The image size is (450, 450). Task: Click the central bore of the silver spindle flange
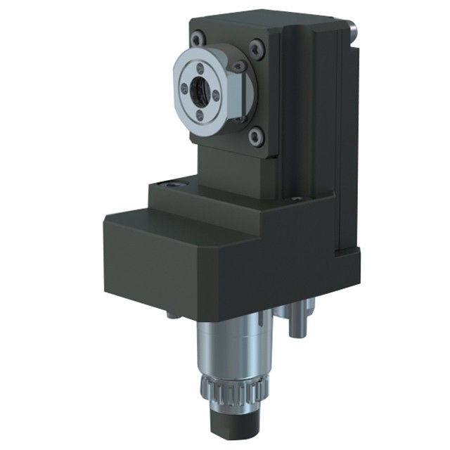pos(198,91)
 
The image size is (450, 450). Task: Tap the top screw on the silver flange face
pos(201,69)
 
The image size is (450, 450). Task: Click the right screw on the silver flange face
pos(215,94)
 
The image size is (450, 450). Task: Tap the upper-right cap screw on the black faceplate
pos(257,49)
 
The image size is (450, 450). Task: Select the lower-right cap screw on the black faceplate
pos(256,136)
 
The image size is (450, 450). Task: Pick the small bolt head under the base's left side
pos(171,315)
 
